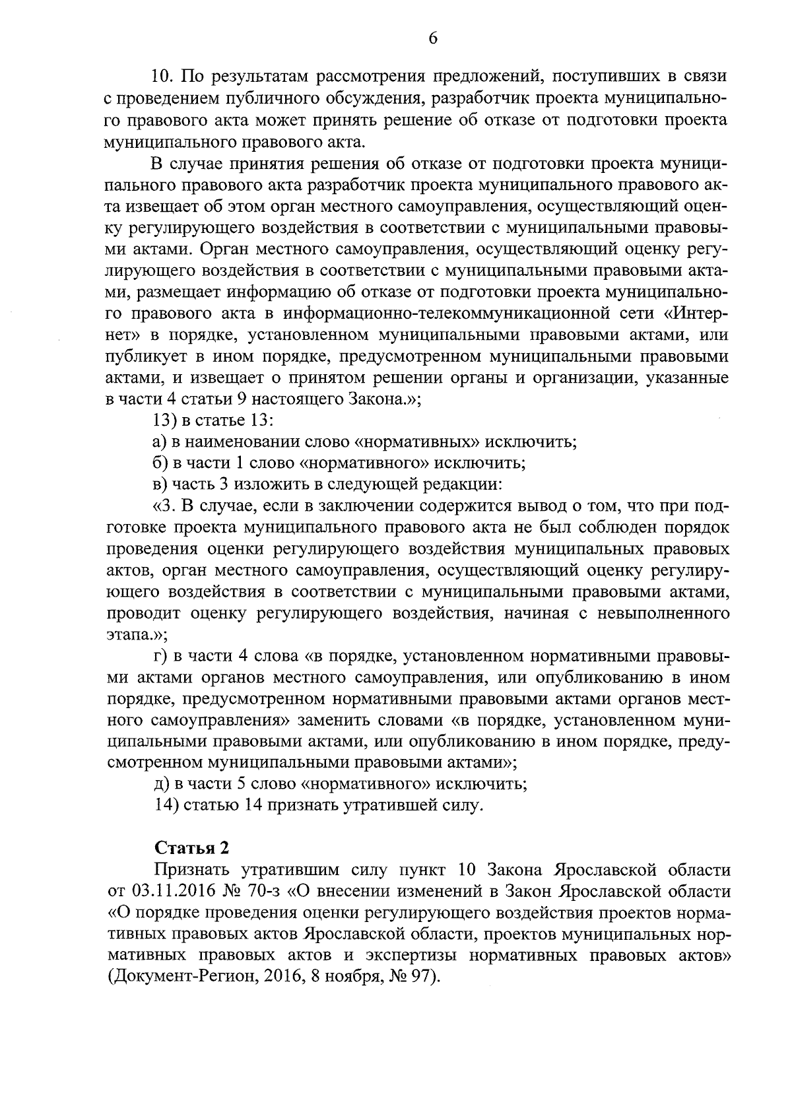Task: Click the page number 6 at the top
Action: (x=433, y=38)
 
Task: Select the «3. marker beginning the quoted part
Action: (x=166, y=506)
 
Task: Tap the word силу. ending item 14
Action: (x=462, y=805)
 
